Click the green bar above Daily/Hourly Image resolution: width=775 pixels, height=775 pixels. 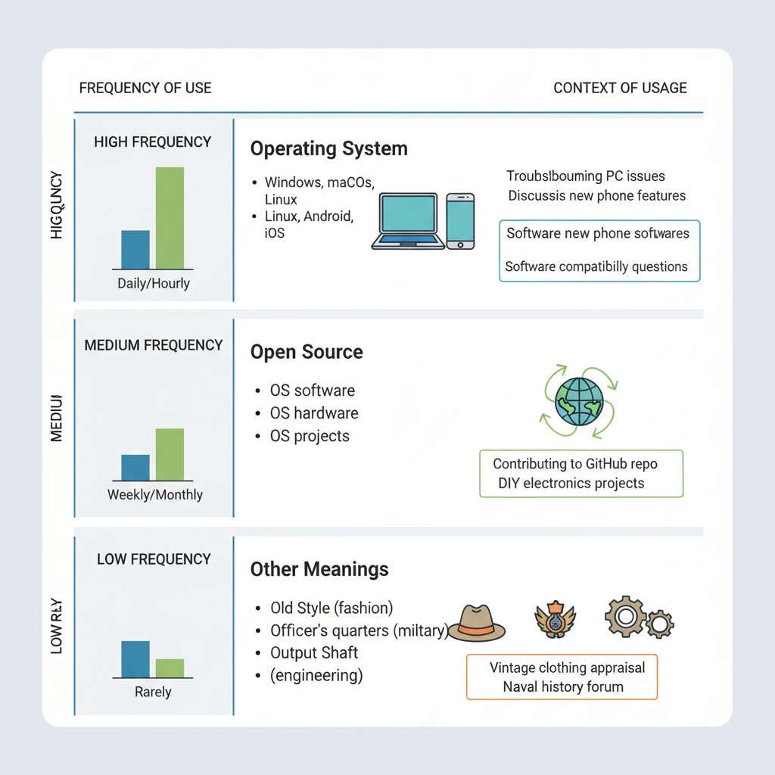pos(170,218)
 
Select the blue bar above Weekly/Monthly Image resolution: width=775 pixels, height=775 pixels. pos(135,468)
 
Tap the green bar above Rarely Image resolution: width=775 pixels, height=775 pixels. pos(170,668)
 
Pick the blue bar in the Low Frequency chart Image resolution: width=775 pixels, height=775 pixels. pos(135,659)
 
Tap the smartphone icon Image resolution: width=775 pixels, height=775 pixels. pos(460,221)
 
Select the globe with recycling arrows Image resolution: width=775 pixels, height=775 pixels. pos(579,401)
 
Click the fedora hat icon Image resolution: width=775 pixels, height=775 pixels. pos(478,623)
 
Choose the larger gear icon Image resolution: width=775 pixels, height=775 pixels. pos(625,617)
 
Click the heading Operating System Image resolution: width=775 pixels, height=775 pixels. pos(328,148)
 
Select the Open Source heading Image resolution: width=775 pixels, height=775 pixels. pos(307,352)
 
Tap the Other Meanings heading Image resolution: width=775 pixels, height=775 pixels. pos(319,569)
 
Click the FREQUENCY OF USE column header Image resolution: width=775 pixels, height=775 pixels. pos(145,88)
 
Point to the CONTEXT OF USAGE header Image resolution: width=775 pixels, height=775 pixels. pos(620,88)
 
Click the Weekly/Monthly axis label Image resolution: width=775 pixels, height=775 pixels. pos(155,495)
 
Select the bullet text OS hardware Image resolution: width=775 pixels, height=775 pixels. pos(314,413)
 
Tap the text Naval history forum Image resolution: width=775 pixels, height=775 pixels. pos(563,687)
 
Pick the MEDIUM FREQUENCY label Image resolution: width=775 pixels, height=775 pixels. pos(154,345)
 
